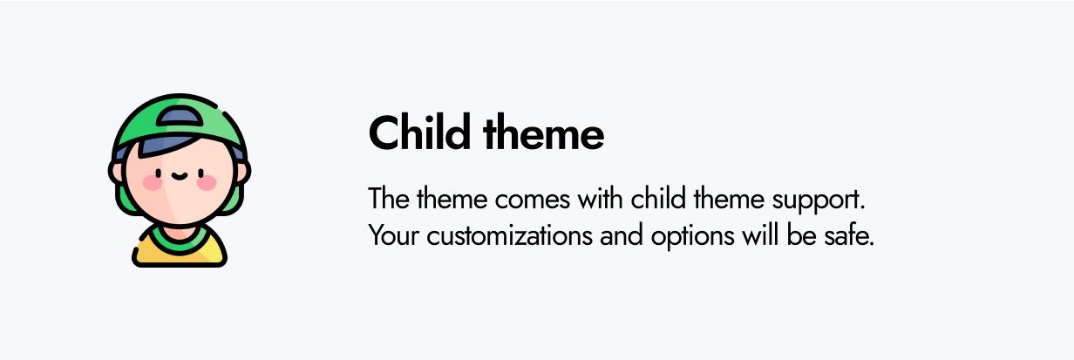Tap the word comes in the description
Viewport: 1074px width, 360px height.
click(533, 200)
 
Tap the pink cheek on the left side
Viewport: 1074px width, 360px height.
click(152, 183)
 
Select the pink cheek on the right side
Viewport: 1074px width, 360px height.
click(207, 183)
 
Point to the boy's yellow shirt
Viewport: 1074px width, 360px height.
click(179, 253)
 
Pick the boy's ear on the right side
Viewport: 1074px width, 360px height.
click(242, 171)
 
